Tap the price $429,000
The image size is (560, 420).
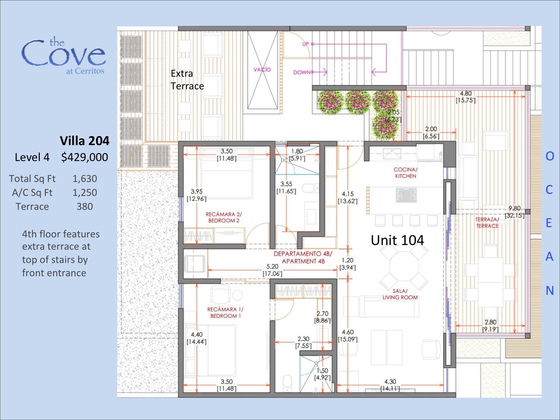85,157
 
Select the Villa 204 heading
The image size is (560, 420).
85,141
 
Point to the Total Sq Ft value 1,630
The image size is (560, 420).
85,179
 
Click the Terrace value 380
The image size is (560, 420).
85,207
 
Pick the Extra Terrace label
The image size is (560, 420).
187,80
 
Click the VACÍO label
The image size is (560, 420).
262,70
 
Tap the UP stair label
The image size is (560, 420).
305,44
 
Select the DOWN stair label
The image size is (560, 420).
302,72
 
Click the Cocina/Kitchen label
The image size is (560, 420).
406,173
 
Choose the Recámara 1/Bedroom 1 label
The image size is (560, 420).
225,312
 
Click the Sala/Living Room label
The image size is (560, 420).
400,294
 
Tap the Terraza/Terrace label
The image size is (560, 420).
487,223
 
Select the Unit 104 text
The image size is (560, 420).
397,240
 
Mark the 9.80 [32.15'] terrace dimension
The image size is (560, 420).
515,212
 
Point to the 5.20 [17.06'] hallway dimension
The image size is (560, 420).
273,270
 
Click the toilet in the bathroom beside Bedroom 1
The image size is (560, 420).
287,383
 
